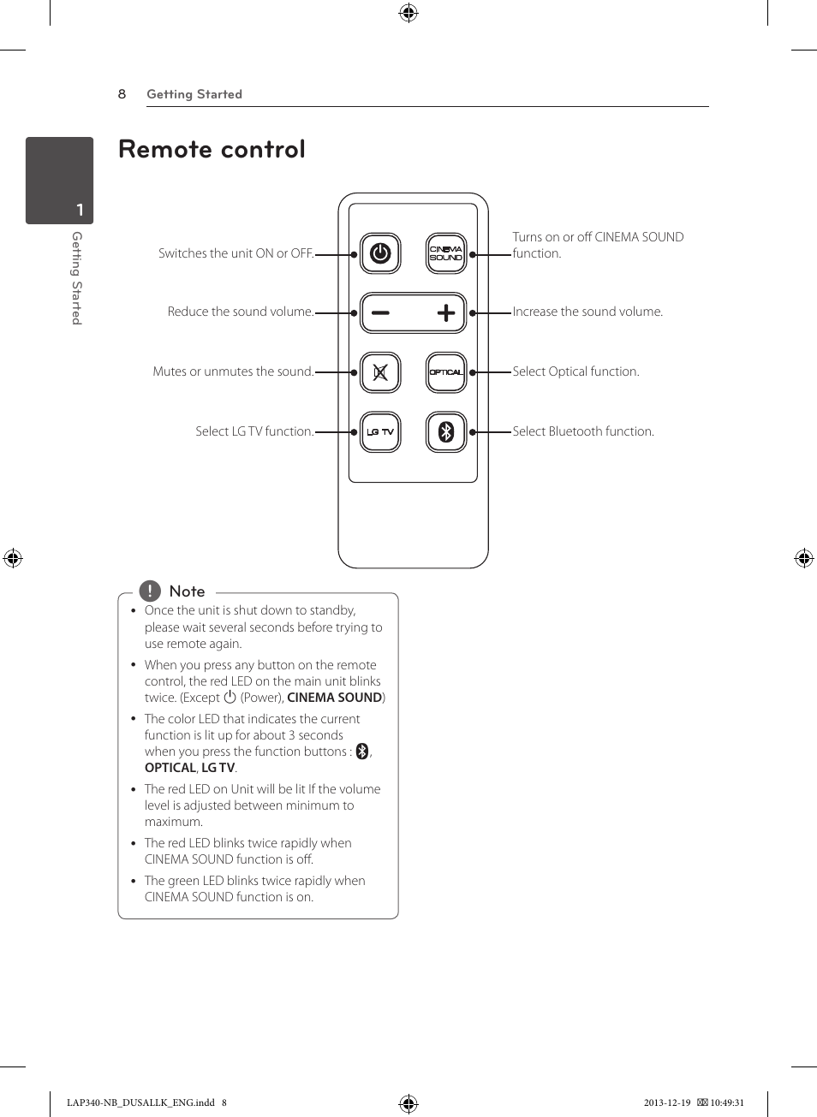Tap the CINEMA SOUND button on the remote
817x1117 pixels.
pyautogui.click(x=446, y=253)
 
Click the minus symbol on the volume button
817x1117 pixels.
pyautogui.click(x=380, y=313)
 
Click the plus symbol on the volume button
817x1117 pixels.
pyautogui.click(x=445, y=313)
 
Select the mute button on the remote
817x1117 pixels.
pyautogui.click(x=380, y=372)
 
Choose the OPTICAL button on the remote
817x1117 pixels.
pyautogui.click(x=446, y=372)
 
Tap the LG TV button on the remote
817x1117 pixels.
pyautogui.click(x=380, y=432)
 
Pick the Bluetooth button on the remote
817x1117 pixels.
pyautogui.click(x=446, y=432)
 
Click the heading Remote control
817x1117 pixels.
pyautogui.click(x=212, y=150)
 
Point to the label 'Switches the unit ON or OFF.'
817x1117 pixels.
pyautogui.click(x=236, y=253)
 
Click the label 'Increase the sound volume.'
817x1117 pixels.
pyautogui.click(x=587, y=312)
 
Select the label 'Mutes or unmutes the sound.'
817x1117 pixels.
pyautogui.click(x=233, y=371)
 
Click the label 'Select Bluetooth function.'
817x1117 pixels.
pyautogui.click(x=583, y=431)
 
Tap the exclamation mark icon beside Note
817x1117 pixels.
pyautogui.click(x=150, y=591)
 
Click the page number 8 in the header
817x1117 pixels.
pyautogui.click(x=122, y=94)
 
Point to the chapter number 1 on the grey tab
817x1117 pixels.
pyautogui.click(x=80, y=210)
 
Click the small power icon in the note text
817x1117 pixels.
pyautogui.click(x=230, y=698)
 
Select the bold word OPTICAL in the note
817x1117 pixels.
pyautogui.click(x=170, y=768)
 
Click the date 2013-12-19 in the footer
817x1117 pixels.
pyautogui.click(x=667, y=1102)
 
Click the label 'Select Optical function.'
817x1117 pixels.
pyautogui.click(x=575, y=371)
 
